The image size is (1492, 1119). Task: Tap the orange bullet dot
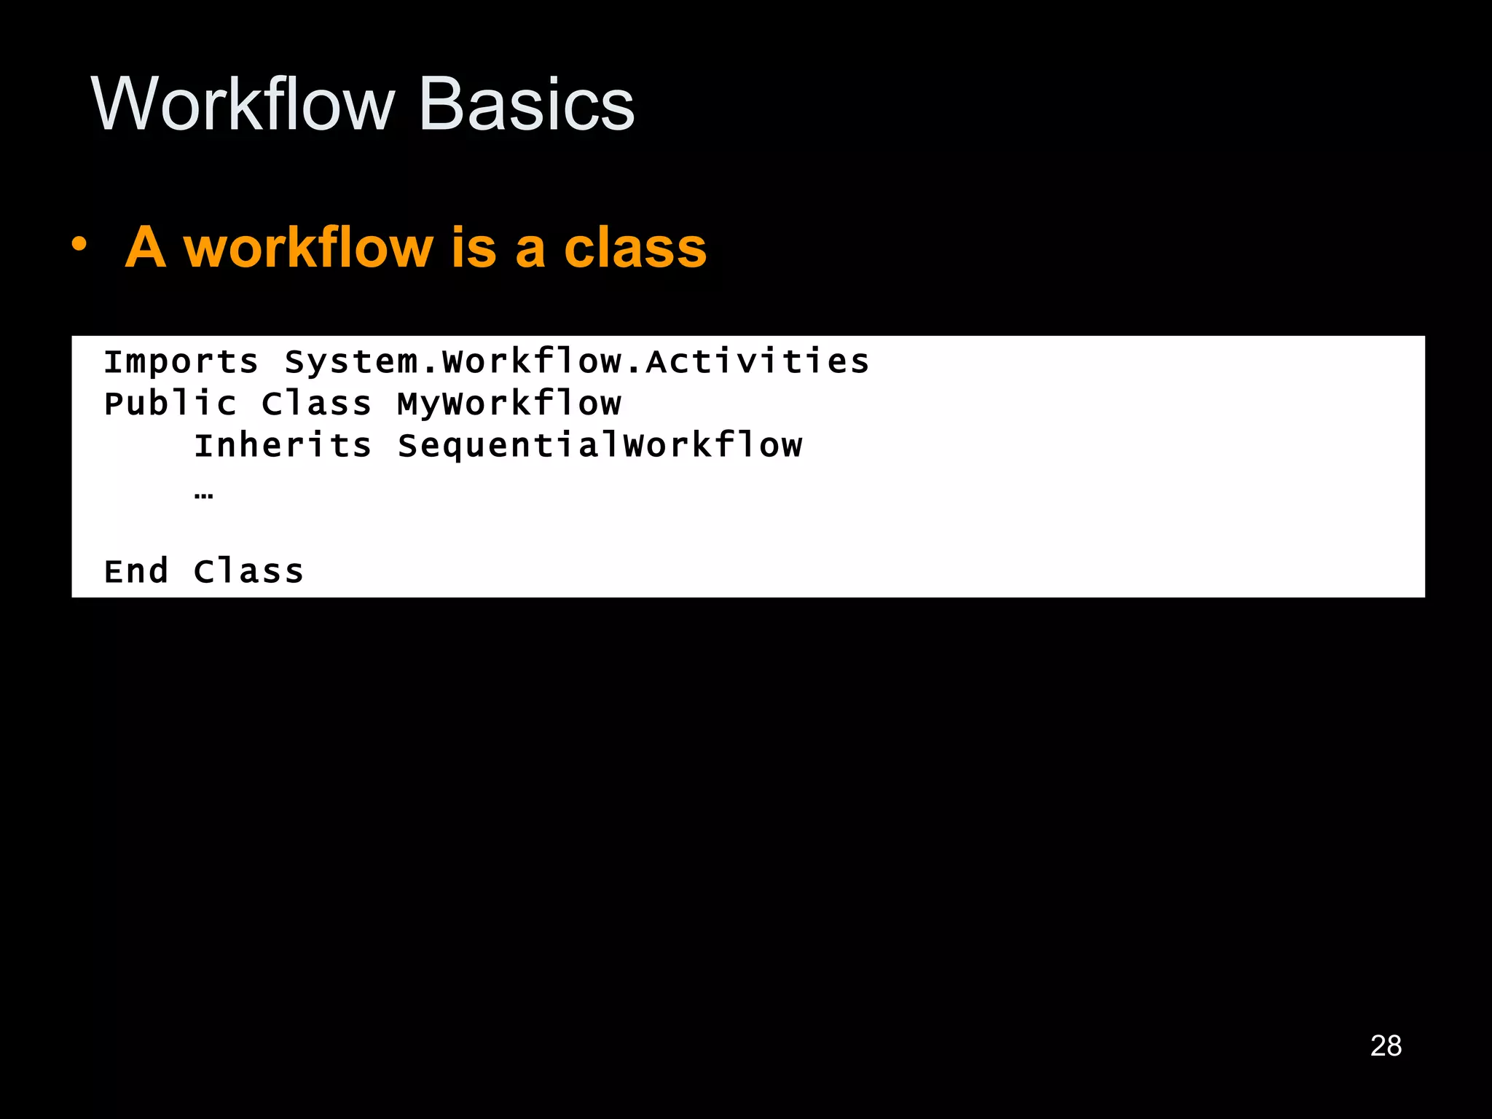[x=79, y=245]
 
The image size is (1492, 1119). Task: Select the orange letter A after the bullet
[x=146, y=247]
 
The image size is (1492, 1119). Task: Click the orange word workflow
[x=308, y=247]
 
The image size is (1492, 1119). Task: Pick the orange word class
[x=635, y=247]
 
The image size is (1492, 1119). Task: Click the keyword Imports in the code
[x=181, y=362]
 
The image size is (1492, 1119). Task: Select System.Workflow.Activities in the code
[x=576, y=362]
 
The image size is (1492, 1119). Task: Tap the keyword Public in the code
[x=170, y=404]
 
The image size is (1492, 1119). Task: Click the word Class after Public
[x=316, y=404]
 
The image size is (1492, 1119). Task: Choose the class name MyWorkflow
[x=509, y=404]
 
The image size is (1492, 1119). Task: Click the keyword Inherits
[x=283, y=445]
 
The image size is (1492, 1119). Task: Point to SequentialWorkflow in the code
[x=600, y=445]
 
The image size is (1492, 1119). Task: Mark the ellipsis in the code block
[x=204, y=496]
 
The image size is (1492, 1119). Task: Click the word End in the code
[x=136, y=571]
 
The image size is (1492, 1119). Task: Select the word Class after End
[x=248, y=571]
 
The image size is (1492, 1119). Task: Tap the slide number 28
[x=1386, y=1045]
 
